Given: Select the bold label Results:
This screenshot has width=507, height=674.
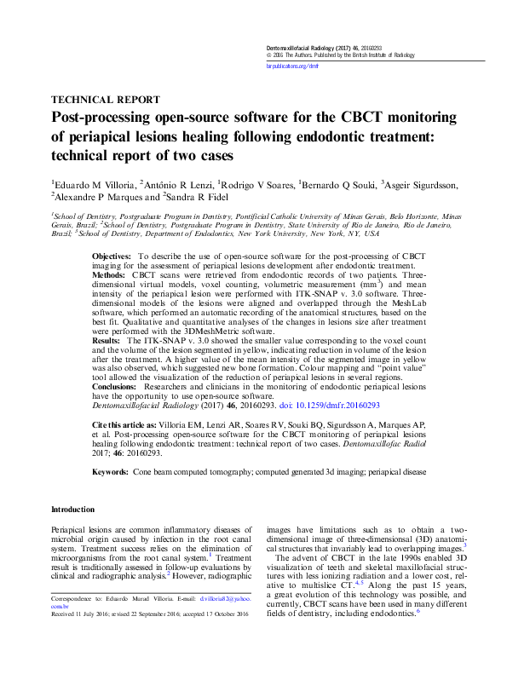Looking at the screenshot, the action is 107,340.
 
